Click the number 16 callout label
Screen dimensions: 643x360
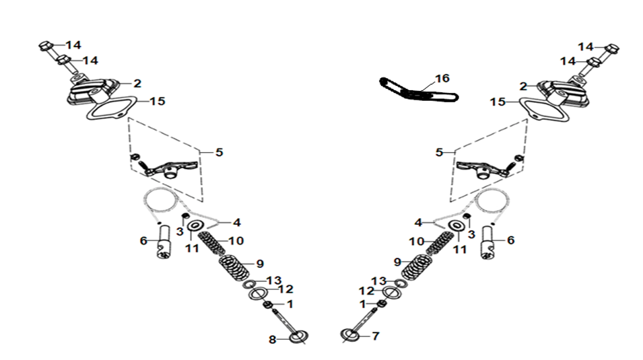coord(442,78)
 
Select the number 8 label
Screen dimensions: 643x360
coord(272,340)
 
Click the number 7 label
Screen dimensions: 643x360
coord(376,336)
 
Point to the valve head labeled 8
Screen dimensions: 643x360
coord(298,337)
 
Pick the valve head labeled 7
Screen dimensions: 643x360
coord(350,335)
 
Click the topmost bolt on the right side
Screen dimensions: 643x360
coord(612,49)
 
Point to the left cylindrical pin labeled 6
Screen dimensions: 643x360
coord(164,242)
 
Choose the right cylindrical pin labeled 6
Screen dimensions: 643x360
coord(488,243)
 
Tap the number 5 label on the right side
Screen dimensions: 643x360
coord(439,153)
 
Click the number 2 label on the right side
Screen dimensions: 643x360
coord(523,87)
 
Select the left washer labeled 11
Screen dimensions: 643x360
coord(196,225)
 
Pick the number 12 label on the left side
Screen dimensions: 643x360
coord(286,289)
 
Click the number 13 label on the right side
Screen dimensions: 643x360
coord(379,281)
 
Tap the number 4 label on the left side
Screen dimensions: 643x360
coord(236,223)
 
